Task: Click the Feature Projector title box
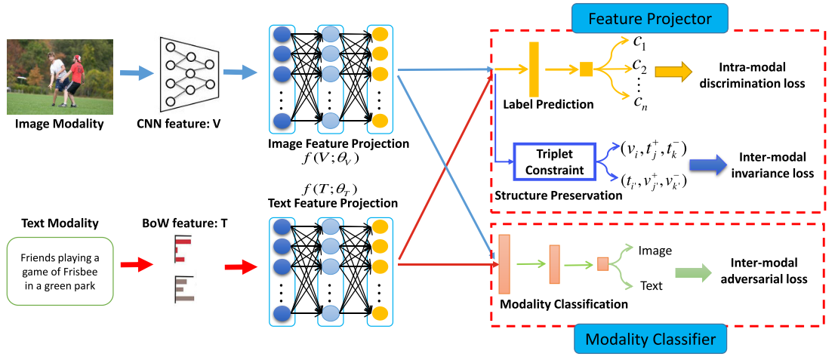click(650, 19)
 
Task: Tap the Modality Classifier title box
click(650, 339)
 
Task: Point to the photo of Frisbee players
click(60, 76)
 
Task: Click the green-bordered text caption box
click(60, 272)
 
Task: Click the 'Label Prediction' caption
click(548, 104)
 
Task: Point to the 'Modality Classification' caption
click(562, 304)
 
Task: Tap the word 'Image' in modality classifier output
click(655, 250)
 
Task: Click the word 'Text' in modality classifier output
click(651, 286)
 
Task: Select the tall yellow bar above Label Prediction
click(533, 69)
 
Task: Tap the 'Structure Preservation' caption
click(559, 195)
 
